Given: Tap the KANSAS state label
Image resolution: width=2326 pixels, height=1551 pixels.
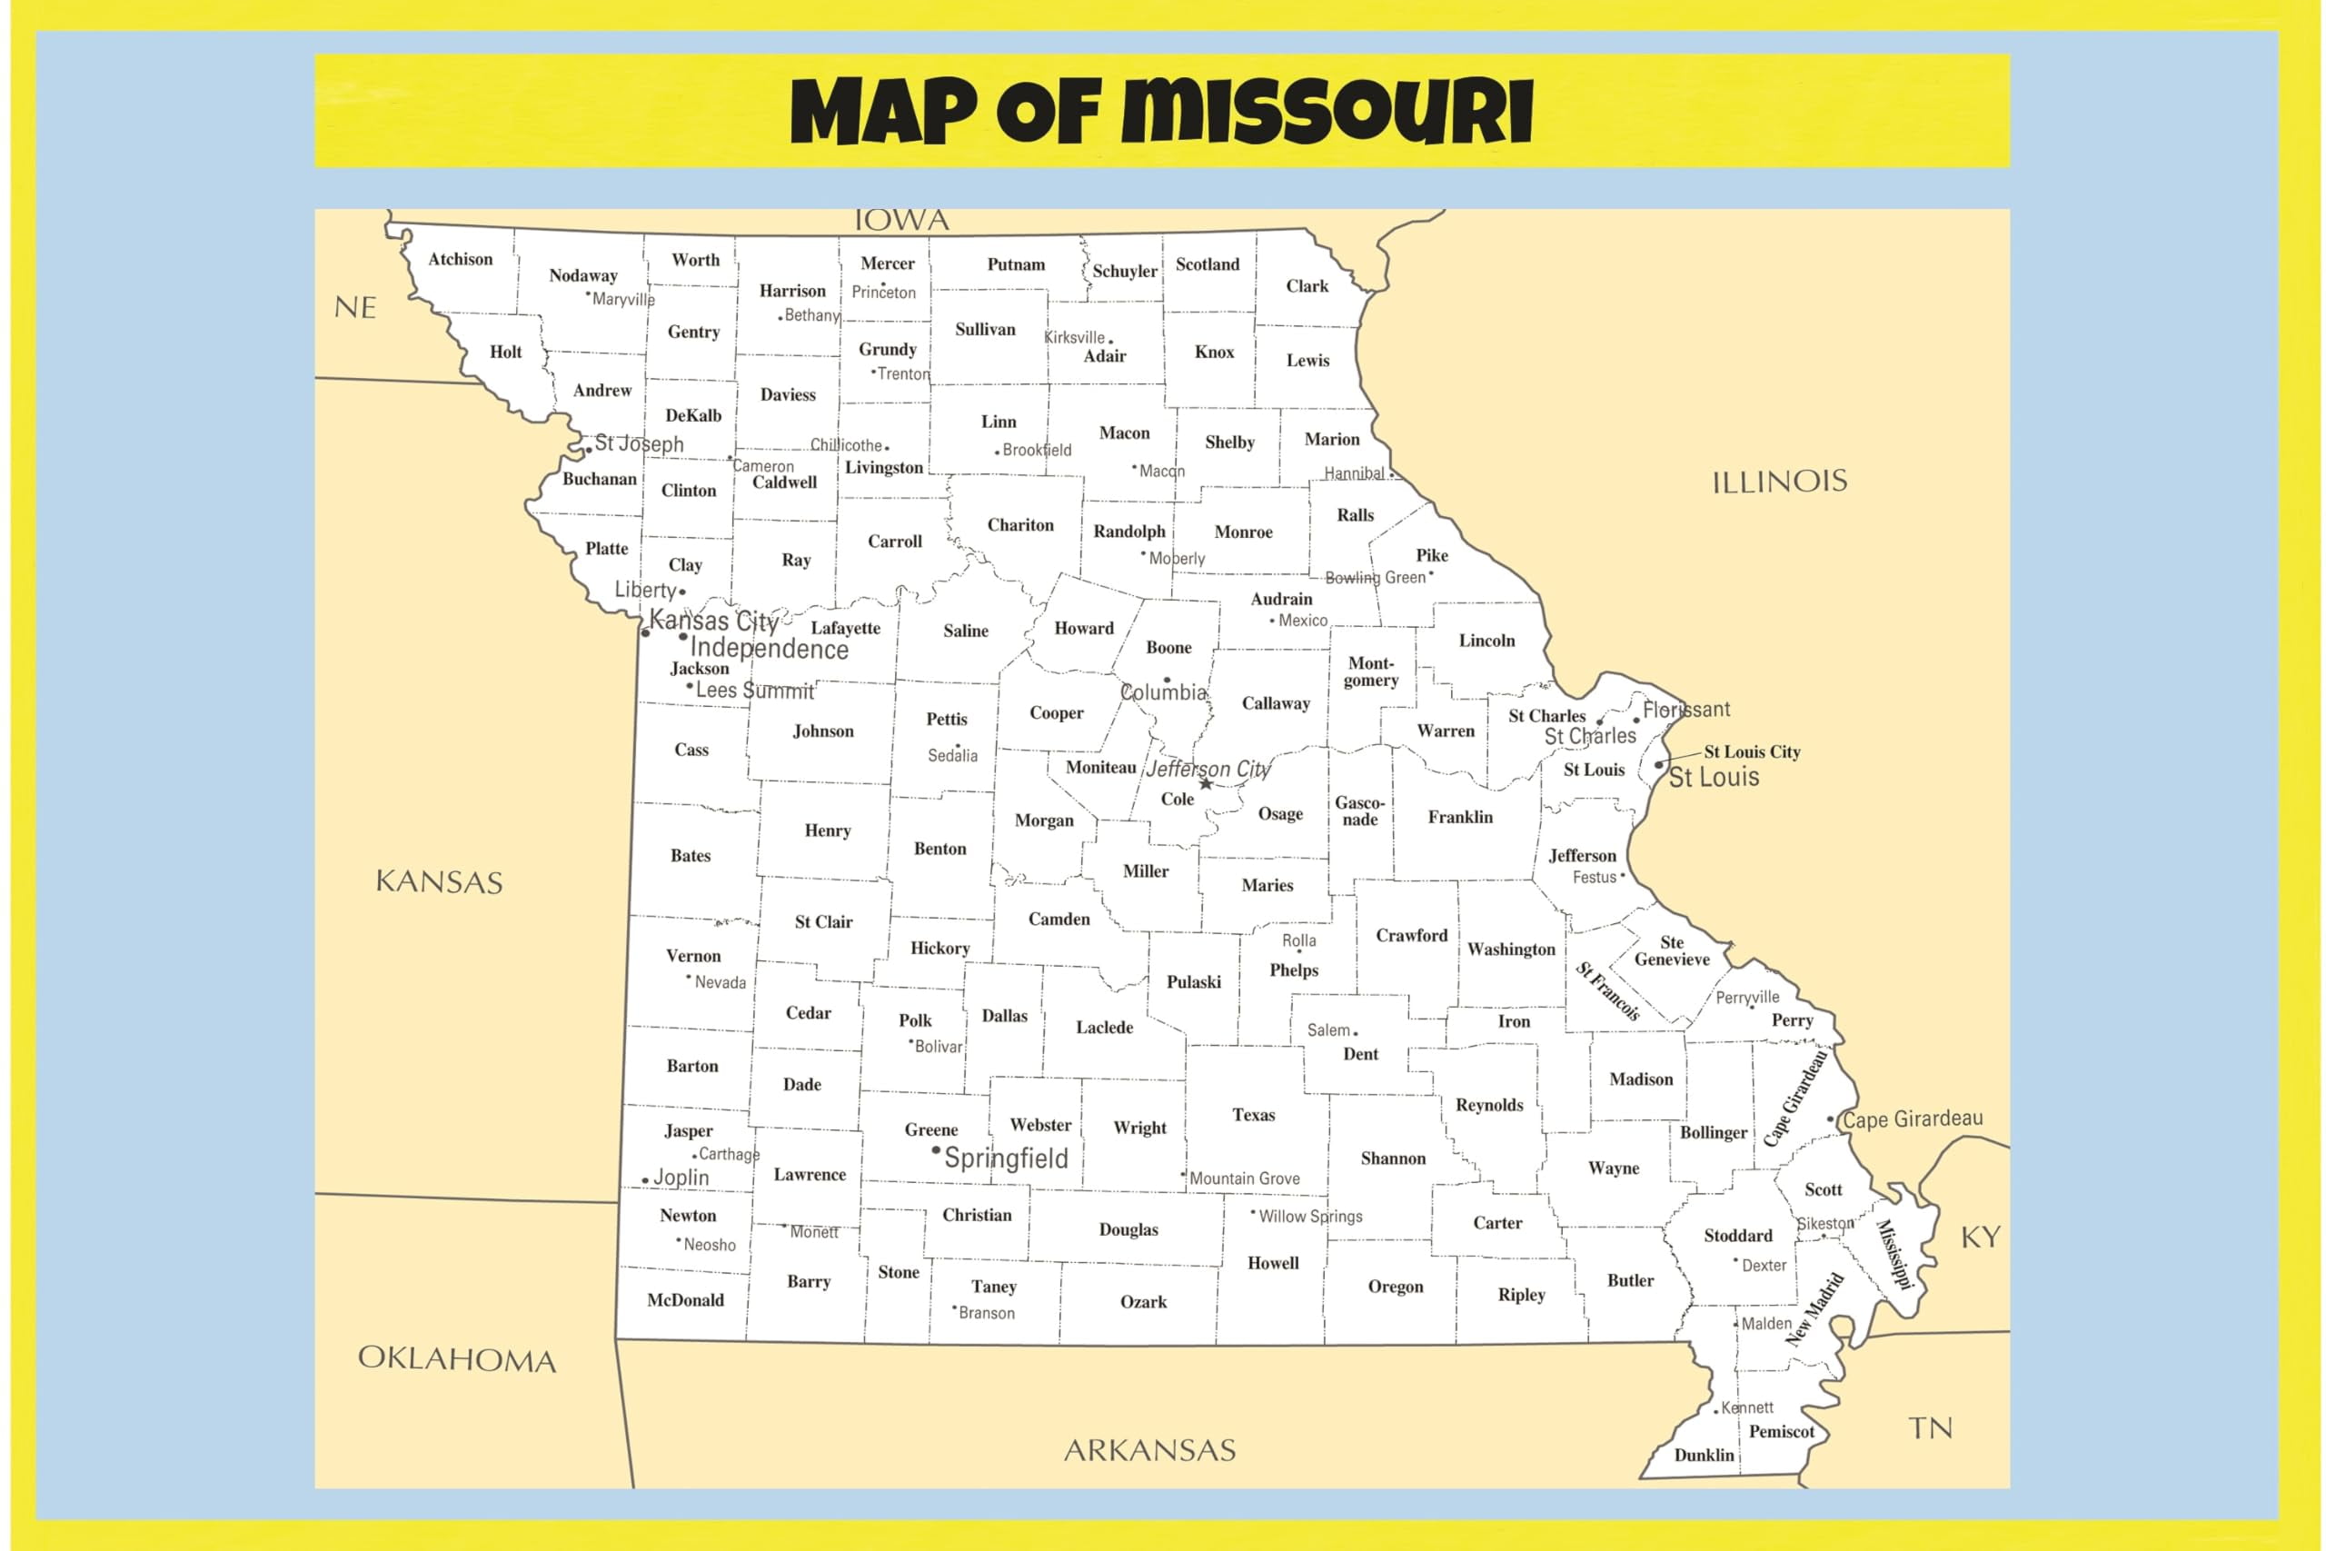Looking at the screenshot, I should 439,881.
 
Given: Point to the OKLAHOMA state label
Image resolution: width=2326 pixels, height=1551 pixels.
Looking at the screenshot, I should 457,1359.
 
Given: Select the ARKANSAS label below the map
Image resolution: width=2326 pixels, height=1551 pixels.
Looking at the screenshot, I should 1149,1450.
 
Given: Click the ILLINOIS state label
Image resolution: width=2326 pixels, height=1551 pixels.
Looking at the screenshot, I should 1779,482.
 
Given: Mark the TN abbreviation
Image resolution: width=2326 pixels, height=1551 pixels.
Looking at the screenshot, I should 1931,1428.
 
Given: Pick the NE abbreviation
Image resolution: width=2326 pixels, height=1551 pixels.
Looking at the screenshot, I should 355,308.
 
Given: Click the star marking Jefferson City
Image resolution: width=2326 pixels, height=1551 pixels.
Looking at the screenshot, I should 1207,783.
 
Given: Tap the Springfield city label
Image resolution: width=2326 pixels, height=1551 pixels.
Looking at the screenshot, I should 1006,1158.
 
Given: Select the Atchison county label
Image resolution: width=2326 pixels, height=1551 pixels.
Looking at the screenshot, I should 460,259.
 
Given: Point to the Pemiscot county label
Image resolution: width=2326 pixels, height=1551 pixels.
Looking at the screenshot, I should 1781,1431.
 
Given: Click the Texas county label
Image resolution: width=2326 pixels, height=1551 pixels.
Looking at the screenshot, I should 1253,1115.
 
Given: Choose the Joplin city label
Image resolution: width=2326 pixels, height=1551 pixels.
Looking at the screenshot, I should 681,1177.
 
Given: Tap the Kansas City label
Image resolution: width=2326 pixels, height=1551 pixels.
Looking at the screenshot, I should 713,621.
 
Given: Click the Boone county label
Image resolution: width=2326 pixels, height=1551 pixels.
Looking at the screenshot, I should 1168,648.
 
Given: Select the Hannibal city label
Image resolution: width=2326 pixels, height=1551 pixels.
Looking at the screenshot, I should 1354,473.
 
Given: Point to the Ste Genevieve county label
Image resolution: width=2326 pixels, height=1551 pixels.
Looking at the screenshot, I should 1671,950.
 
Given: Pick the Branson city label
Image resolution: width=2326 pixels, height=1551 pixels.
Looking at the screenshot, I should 986,1313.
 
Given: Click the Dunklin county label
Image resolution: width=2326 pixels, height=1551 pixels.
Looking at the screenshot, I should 1704,1455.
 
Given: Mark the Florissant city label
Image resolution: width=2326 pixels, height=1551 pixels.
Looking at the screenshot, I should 1686,710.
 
